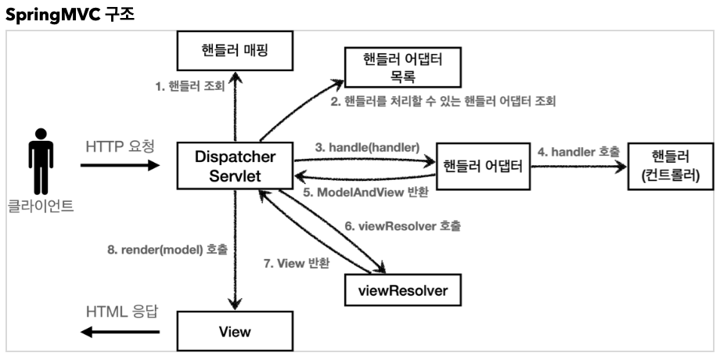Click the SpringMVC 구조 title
coord(70,14)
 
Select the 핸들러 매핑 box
coord(227,53)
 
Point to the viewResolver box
coord(402,290)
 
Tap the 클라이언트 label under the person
coord(41,209)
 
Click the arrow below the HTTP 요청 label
coord(119,166)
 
